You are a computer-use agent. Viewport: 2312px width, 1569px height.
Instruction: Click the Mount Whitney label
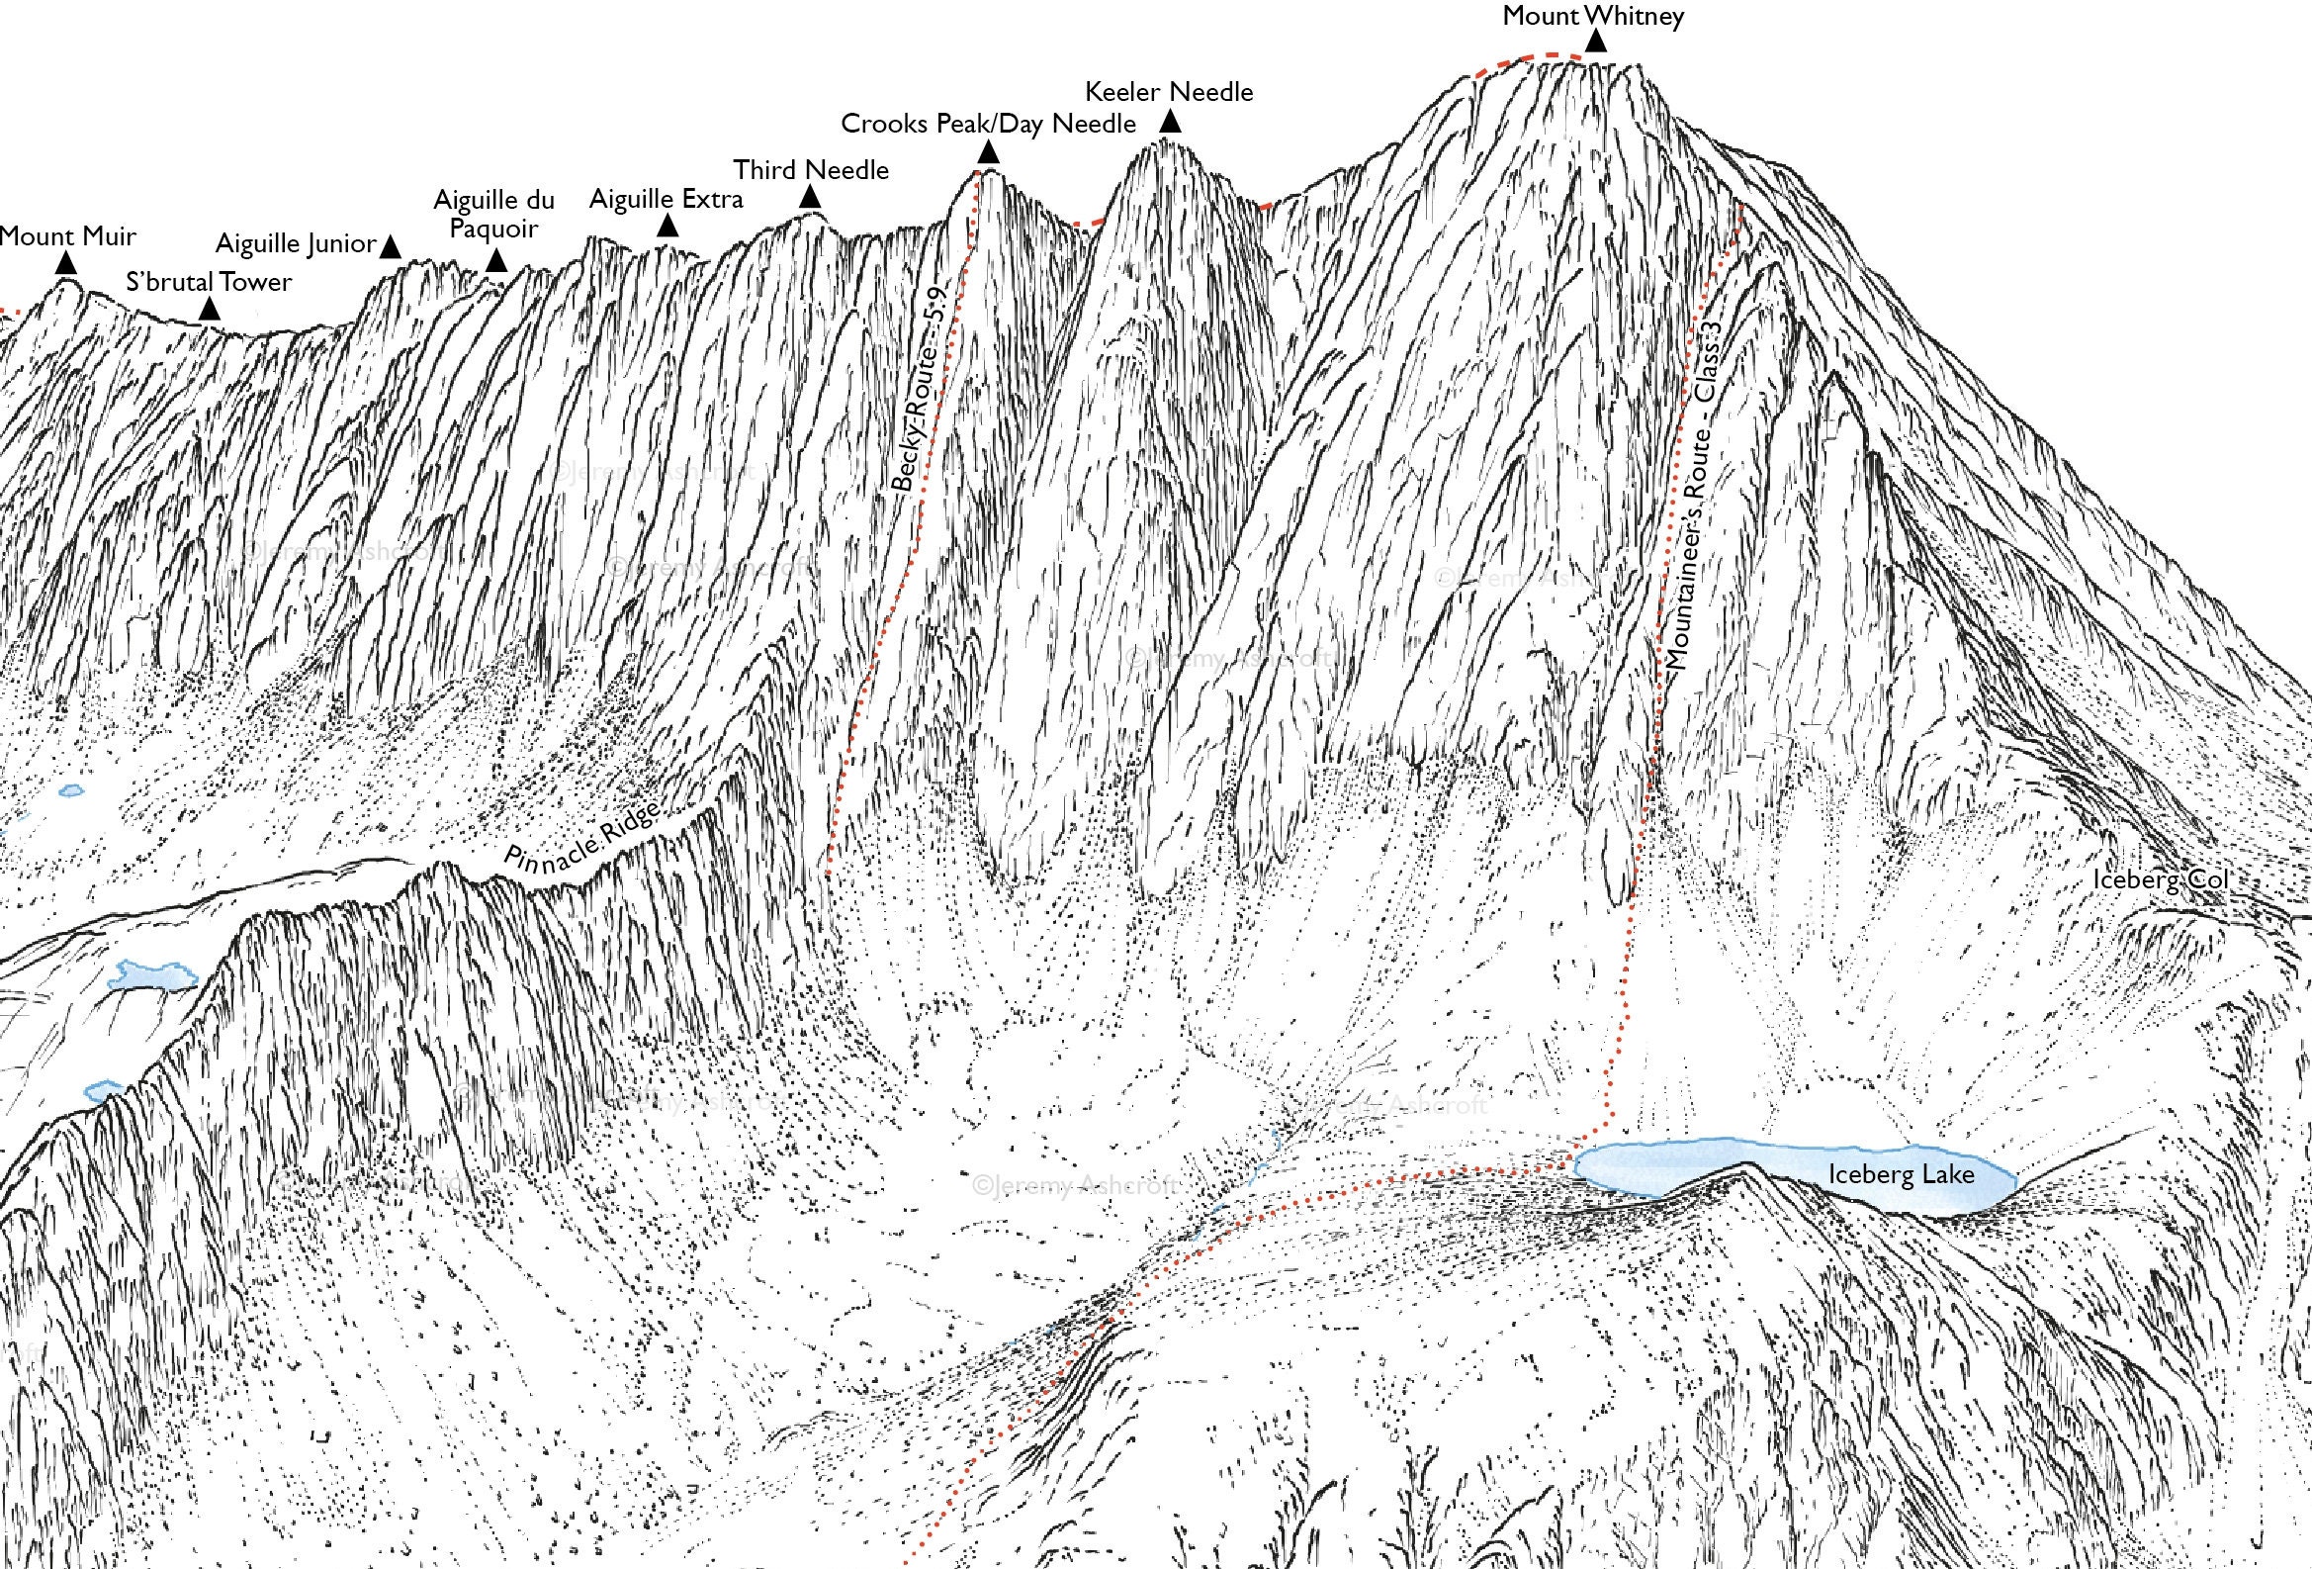click(x=1592, y=16)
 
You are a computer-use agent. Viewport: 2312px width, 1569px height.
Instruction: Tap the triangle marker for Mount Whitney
click(x=1596, y=41)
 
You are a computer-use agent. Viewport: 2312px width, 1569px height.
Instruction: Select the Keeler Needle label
click(x=1168, y=93)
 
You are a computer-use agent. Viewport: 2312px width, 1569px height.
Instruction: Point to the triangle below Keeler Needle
click(x=1171, y=122)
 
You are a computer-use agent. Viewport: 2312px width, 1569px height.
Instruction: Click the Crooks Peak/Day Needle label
click(x=988, y=124)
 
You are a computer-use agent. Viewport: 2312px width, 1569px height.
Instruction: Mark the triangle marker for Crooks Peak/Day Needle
click(x=988, y=152)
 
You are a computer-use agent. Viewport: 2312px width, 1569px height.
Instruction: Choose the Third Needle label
click(x=811, y=170)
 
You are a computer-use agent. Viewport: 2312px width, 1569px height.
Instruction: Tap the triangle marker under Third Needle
click(x=810, y=198)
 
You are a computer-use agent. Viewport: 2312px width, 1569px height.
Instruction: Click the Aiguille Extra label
click(x=666, y=199)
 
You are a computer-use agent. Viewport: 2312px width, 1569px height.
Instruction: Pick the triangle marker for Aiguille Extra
click(x=667, y=227)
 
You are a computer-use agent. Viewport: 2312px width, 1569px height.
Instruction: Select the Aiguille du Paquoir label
click(x=493, y=214)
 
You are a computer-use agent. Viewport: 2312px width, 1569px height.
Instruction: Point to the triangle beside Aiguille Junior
click(x=391, y=246)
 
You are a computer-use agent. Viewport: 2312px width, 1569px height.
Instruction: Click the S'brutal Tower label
click(x=209, y=283)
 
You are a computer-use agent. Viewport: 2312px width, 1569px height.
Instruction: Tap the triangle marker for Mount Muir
click(x=65, y=264)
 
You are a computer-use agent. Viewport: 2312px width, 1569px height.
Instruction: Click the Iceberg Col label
click(x=2161, y=880)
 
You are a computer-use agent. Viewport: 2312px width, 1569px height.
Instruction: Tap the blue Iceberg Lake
click(x=1791, y=1174)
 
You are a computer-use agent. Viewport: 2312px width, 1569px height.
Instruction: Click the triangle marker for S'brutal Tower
click(x=209, y=311)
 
